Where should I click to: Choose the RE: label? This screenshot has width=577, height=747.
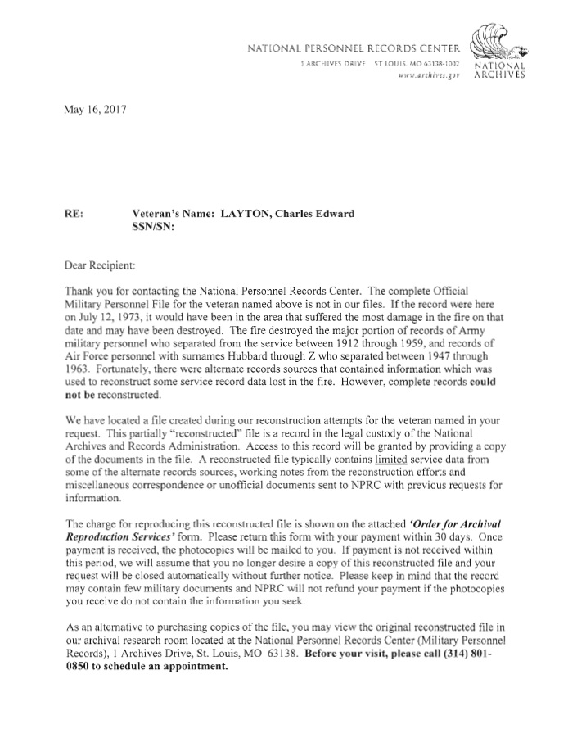(x=73, y=215)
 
